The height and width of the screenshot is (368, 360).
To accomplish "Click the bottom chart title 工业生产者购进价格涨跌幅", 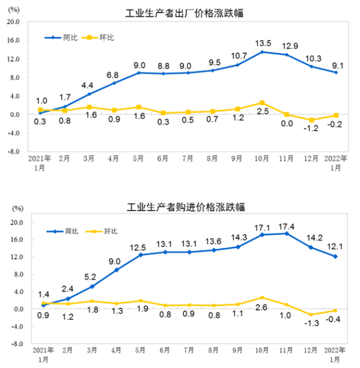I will (186, 207).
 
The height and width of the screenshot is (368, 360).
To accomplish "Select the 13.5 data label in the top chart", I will (263, 43).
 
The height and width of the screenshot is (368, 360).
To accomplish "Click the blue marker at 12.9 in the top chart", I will (286, 55).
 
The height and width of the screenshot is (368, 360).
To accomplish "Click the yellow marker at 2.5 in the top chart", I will (262, 103).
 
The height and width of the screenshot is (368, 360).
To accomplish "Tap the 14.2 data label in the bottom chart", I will (311, 239).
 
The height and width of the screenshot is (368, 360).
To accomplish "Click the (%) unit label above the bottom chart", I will (18, 209).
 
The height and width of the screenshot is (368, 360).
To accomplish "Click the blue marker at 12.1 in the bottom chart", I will (335, 256).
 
